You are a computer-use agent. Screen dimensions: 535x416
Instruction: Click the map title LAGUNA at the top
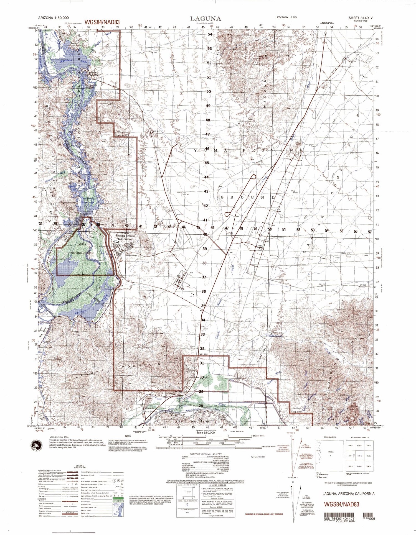206,19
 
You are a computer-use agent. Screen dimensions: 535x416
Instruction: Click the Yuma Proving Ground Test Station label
124,236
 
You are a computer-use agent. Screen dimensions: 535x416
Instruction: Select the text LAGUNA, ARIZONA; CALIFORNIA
348,493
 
